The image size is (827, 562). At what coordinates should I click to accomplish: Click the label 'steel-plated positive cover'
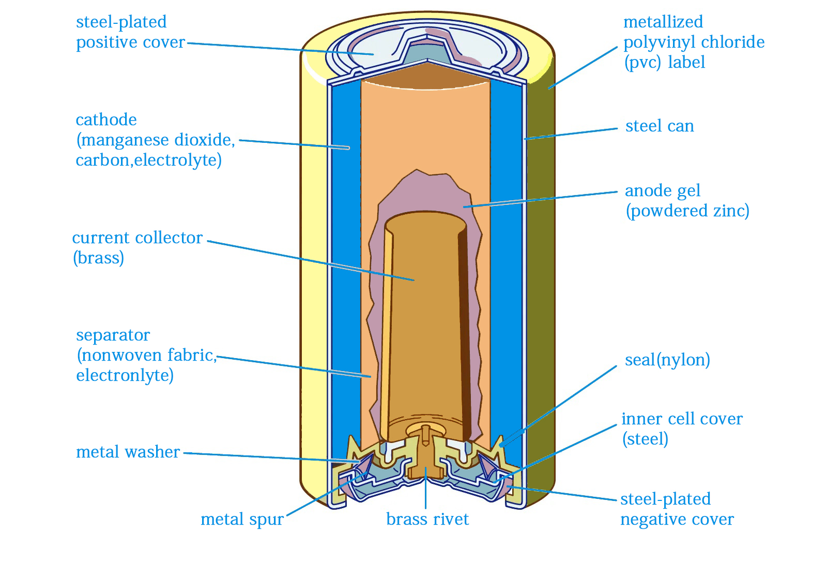[x=130, y=32]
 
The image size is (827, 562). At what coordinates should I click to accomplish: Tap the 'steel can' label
[x=660, y=126]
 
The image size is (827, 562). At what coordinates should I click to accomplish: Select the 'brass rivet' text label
[x=427, y=519]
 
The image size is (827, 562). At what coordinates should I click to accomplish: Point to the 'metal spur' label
[x=242, y=519]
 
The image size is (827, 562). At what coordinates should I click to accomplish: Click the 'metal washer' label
[x=128, y=452]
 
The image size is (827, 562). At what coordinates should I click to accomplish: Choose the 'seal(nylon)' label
[x=667, y=360]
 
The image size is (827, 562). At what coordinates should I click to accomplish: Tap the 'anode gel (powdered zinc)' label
[x=687, y=201]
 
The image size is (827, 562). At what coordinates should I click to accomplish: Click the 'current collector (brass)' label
[x=137, y=247]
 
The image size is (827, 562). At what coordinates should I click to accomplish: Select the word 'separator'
[x=113, y=335]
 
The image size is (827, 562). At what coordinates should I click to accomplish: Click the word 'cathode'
[x=106, y=120]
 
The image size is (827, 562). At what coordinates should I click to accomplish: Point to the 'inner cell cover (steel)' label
[x=681, y=428]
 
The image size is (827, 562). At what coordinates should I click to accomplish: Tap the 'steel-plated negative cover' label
[x=677, y=509]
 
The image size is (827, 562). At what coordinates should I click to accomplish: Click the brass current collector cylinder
[x=424, y=321]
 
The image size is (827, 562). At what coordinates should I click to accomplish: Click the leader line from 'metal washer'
[x=269, y=457]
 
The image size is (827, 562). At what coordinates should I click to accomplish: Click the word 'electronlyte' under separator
[x=125, y=375]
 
